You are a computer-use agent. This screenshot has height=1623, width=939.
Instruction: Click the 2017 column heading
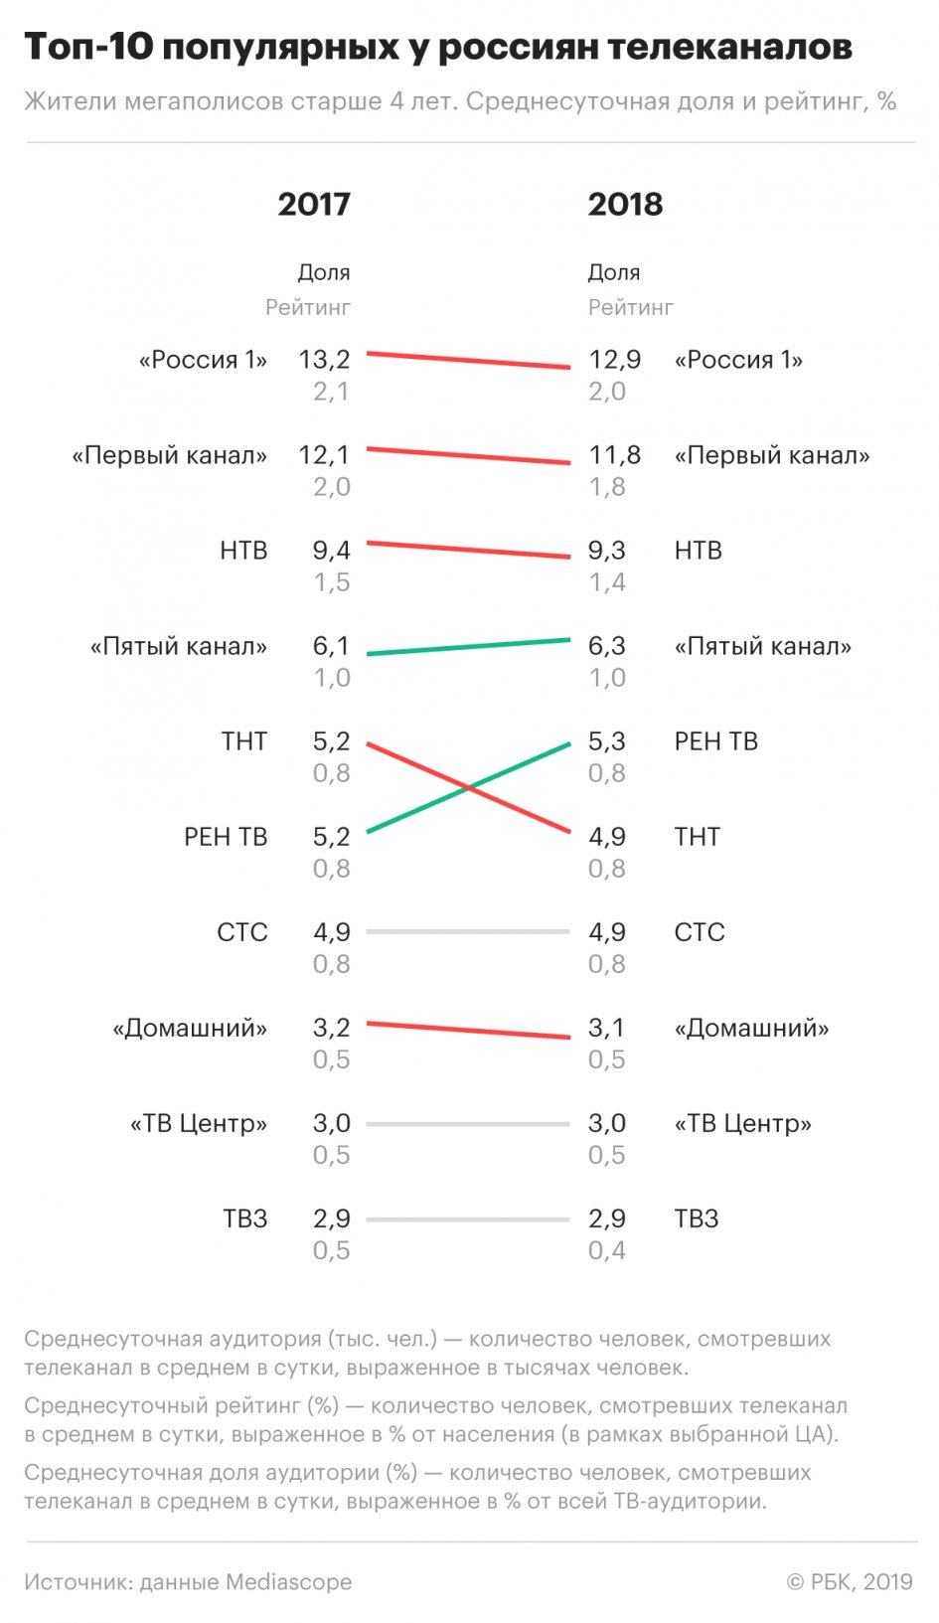pyautogui.click(x=314, y=205)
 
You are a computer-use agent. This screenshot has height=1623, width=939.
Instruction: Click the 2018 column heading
pyautogui.click(x=625, y=205)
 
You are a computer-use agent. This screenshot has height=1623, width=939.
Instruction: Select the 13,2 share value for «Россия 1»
pyautogui.click(x=324, y=360)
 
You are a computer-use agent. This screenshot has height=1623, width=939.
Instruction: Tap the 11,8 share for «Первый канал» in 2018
pyautogui.click(x=614, y=455)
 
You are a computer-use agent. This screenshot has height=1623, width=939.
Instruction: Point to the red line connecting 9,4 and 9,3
pyautogui.click(x=468, y=550)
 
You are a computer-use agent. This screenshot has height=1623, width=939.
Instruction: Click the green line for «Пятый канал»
pyautogui.click(x=468, y=647)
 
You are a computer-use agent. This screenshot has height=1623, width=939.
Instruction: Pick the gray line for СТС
pyautogui.click(x=468, y=932)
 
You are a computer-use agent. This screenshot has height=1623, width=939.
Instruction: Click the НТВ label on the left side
pyautogui.click(x=243, y=551)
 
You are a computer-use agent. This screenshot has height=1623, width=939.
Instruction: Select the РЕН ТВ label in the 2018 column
pyautogui.click(x=715, y=741)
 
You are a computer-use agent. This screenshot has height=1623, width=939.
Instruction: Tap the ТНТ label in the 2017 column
pyautogui.click(x=244, y=741)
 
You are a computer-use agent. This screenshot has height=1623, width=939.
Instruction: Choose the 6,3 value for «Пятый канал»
pyautogui.click(x=606, y=646)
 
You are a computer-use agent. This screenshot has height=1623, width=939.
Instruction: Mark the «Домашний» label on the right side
pyautogui.click(x=751, y=1028)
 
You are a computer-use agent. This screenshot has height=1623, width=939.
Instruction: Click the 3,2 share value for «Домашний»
pyautogui.click(x=331, y=1028)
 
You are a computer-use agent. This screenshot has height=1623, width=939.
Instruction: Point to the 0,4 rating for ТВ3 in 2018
pyautogui.click(x=606, y=1250)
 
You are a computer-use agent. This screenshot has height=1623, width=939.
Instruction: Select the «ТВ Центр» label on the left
pyautogui.click(x=199, y=1123)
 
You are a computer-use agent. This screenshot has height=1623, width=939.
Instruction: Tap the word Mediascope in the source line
pyautogui.click(x=288, y=1582)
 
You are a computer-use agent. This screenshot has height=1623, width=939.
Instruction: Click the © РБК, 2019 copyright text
pyautogui.click(x=850, y=1582)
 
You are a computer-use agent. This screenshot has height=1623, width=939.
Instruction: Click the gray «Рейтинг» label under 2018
pyautogui.click(x=630, y=308)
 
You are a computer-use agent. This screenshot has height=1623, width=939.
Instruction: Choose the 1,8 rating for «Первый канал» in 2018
pyautogui.click(x=606, y=487)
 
